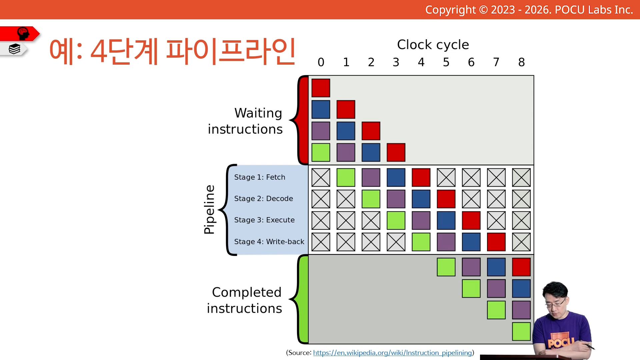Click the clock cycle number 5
(446, 62)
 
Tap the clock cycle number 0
(321, 62)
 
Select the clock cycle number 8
(521, 62)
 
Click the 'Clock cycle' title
(433, 45)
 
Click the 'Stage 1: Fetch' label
(260, 177)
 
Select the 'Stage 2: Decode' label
(264, 199)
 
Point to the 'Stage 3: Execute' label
(264, 220)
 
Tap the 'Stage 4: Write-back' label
(269, 242)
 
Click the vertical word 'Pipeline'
(209, 210)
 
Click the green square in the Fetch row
(346, 177)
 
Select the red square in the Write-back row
(496, 242)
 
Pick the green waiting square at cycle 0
(321, 152)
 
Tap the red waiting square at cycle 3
(396, 152)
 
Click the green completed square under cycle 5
(446, 267)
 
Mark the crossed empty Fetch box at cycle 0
(321, 177)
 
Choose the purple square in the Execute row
(421, 220)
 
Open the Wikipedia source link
(393, 353)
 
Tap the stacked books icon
(15, 49)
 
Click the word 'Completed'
(247, 292)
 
